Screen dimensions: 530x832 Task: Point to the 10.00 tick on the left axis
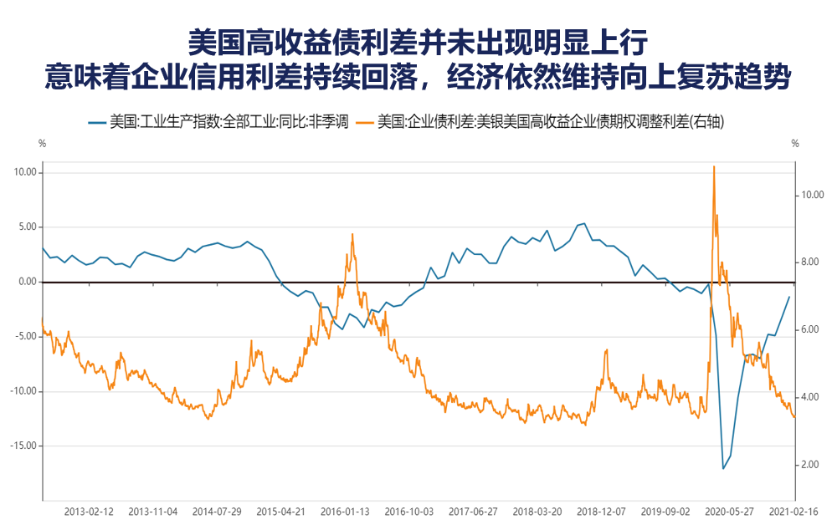(23, 173)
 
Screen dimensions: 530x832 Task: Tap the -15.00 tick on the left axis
(23, 446)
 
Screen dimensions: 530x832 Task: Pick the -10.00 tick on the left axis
(23, 391)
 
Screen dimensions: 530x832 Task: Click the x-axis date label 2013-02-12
(89, 511)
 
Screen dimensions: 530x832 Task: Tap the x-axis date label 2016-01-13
(345, 511)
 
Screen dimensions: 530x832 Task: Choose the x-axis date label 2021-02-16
(793, 511)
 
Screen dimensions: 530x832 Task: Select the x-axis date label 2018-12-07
(601, 511)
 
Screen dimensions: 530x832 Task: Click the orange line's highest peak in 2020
(713, 166)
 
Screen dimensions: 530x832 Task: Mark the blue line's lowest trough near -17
(724, 468)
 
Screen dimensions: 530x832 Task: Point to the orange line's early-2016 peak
(352, 234)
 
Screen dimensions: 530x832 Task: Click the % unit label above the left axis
(42, 143)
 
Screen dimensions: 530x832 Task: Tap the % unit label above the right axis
(795, 143)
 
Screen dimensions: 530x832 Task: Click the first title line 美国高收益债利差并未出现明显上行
(416, 41)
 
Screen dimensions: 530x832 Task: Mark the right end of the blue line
(789, 297)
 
